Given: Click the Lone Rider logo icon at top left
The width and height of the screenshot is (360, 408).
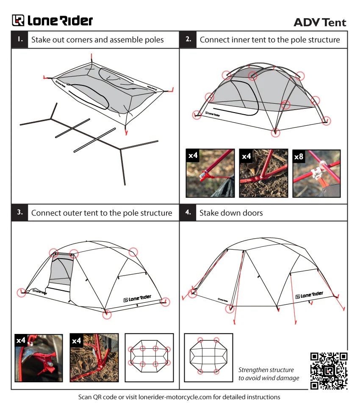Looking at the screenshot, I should (18, 20).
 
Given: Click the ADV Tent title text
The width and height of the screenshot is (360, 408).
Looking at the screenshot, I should (320, 22).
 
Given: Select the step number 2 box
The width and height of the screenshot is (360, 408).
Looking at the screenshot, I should (188, 39).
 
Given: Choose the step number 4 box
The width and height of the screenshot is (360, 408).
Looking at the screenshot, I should (188, 212).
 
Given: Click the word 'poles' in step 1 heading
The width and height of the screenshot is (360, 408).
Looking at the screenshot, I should (153, 40).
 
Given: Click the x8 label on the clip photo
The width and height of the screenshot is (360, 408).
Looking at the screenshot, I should (299, 156).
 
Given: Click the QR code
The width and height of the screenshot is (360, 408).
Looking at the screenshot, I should (329, 370).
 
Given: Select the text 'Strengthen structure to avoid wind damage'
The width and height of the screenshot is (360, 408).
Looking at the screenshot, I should (269, 374).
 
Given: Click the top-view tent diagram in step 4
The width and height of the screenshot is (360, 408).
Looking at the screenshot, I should (208, 356).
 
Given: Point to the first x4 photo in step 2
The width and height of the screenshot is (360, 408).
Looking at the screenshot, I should (210, 173).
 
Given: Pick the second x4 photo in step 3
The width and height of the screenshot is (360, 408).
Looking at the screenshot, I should (94, 358).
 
